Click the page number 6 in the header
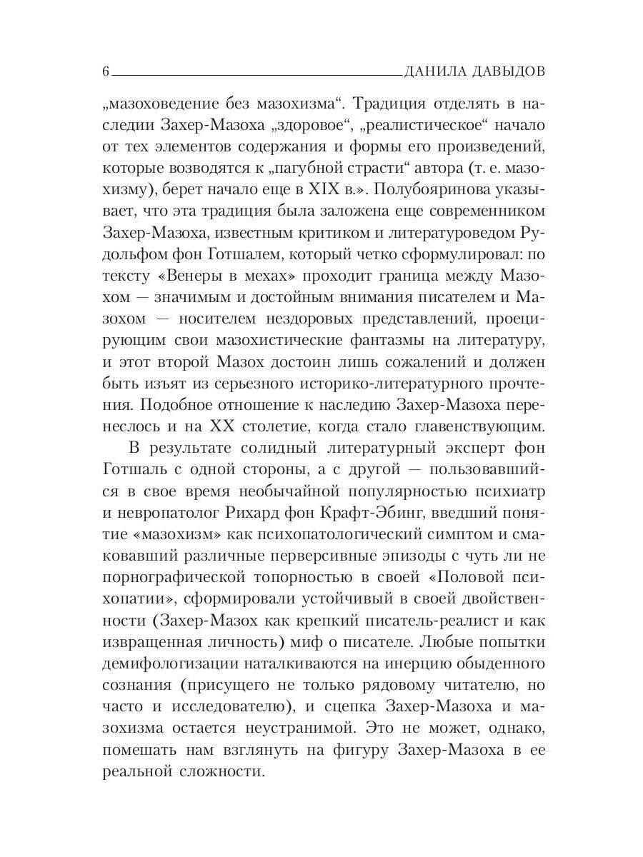pos(106,71)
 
